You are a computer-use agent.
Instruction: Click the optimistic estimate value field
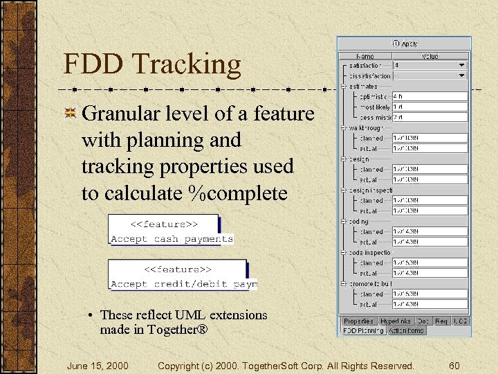tap(430, 97)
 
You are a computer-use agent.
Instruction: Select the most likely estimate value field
tap(430, 107)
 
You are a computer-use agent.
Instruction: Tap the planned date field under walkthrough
tap(430, 139)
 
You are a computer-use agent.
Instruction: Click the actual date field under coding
tap(430, 242)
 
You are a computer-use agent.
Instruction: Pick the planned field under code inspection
tap(430, 263)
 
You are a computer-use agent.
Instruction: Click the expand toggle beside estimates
tap(344, 87)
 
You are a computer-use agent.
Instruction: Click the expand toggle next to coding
tap(344, 222)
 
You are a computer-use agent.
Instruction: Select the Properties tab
tap(358, 321)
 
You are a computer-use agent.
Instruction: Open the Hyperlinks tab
tap(395, 321)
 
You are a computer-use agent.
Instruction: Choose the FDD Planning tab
tap(364, 331)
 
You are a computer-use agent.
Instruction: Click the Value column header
tap(430, 55)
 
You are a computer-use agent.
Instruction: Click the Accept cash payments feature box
tap(172, 231)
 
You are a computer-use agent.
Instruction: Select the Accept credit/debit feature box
tap(183, 276)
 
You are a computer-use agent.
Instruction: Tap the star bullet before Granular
tap(70, 114)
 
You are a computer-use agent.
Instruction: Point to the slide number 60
tap(454, 366)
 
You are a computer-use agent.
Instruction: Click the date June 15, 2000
tap(98, 366)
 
